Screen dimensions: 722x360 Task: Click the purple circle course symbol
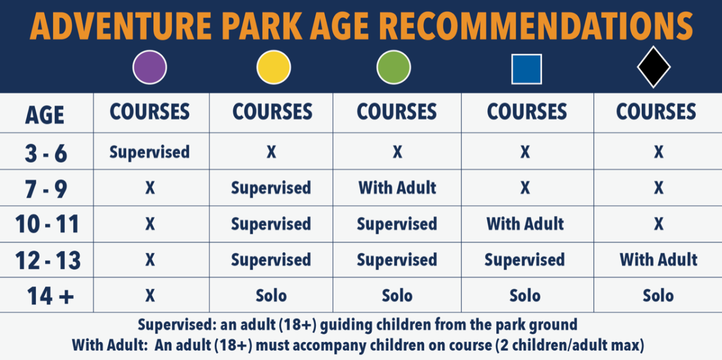[x=150, y=67]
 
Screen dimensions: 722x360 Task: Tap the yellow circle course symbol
[x=274, y=67]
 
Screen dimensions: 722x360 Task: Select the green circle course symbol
[x=393, y=67]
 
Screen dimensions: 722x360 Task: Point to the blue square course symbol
[x=526, y=69]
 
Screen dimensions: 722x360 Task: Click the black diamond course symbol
[x=653, y=67]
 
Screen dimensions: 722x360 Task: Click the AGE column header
[x=45, y=115]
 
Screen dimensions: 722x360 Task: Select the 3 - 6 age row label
[x=46, y=154]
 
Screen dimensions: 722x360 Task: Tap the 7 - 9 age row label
[x=46, y=189]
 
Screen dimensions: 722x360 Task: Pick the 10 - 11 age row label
[x=47, y=224]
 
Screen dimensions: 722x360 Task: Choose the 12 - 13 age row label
[x=48, y=260]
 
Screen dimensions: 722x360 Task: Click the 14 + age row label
[x=51, y=296]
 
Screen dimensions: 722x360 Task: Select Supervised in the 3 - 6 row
[x=150, y=152]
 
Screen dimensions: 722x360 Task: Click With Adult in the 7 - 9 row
[x=397, y=188]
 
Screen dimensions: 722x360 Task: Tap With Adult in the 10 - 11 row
[x=525, y=224]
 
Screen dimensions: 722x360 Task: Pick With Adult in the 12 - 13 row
[x=658, y=259]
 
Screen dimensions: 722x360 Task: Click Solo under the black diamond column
[x=658, y=296]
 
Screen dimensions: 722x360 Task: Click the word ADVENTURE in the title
[x=120, y=26]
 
